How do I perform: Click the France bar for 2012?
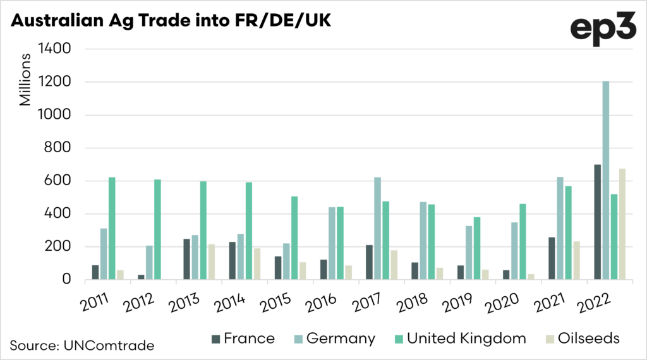pos(124,277)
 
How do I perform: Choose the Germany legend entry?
pos(333,338)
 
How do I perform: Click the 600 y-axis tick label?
pos(58,181)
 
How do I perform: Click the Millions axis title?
pos(25,80)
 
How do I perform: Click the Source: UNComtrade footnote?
pos(82,345)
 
